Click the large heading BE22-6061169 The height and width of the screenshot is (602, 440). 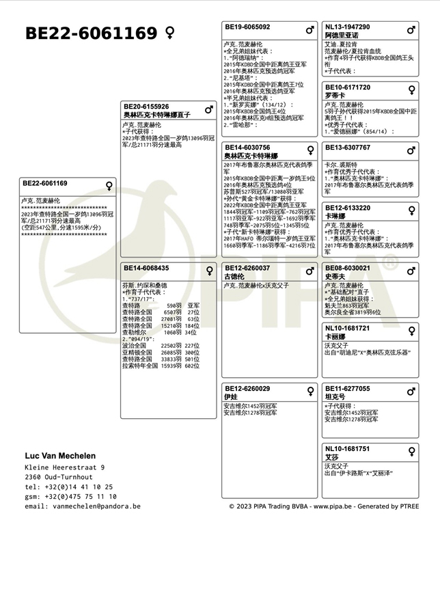pos(91,33)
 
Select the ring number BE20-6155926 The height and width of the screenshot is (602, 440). pos(146,107)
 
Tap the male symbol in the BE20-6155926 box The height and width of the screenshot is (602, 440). pos(209,109)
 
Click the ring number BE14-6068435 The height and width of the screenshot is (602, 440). pos(146,269)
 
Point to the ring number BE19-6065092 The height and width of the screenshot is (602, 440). pos(247,27)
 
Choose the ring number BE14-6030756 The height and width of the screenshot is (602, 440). pos(247,148)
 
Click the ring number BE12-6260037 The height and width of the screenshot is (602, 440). pos(247,269)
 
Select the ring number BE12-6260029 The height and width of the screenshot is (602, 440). pos(247,389)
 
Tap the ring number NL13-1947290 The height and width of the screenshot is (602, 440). pos(347,27)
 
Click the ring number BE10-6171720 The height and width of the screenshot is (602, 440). pos(348,87)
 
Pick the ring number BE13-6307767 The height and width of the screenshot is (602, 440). pos(348,148)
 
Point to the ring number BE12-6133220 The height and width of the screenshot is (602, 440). pos(348,208)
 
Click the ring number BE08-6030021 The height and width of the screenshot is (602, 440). pos(348,269)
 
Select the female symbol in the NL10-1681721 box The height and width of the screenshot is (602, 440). pos(411,331)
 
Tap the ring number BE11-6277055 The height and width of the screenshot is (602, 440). pos(348,389)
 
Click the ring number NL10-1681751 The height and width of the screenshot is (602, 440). pos(347,449)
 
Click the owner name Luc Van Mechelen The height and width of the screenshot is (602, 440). pos(60,456)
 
